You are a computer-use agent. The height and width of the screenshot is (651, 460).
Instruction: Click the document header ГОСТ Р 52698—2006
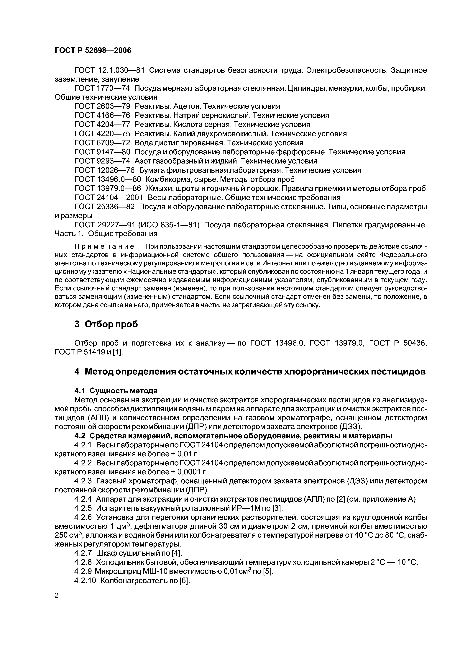[93, 50]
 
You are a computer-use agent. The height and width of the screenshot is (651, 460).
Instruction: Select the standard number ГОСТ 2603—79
[102, 106]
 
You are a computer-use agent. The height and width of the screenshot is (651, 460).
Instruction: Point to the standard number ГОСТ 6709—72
[102, 143]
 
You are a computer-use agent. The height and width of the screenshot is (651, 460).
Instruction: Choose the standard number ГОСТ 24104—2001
[109, 197]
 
